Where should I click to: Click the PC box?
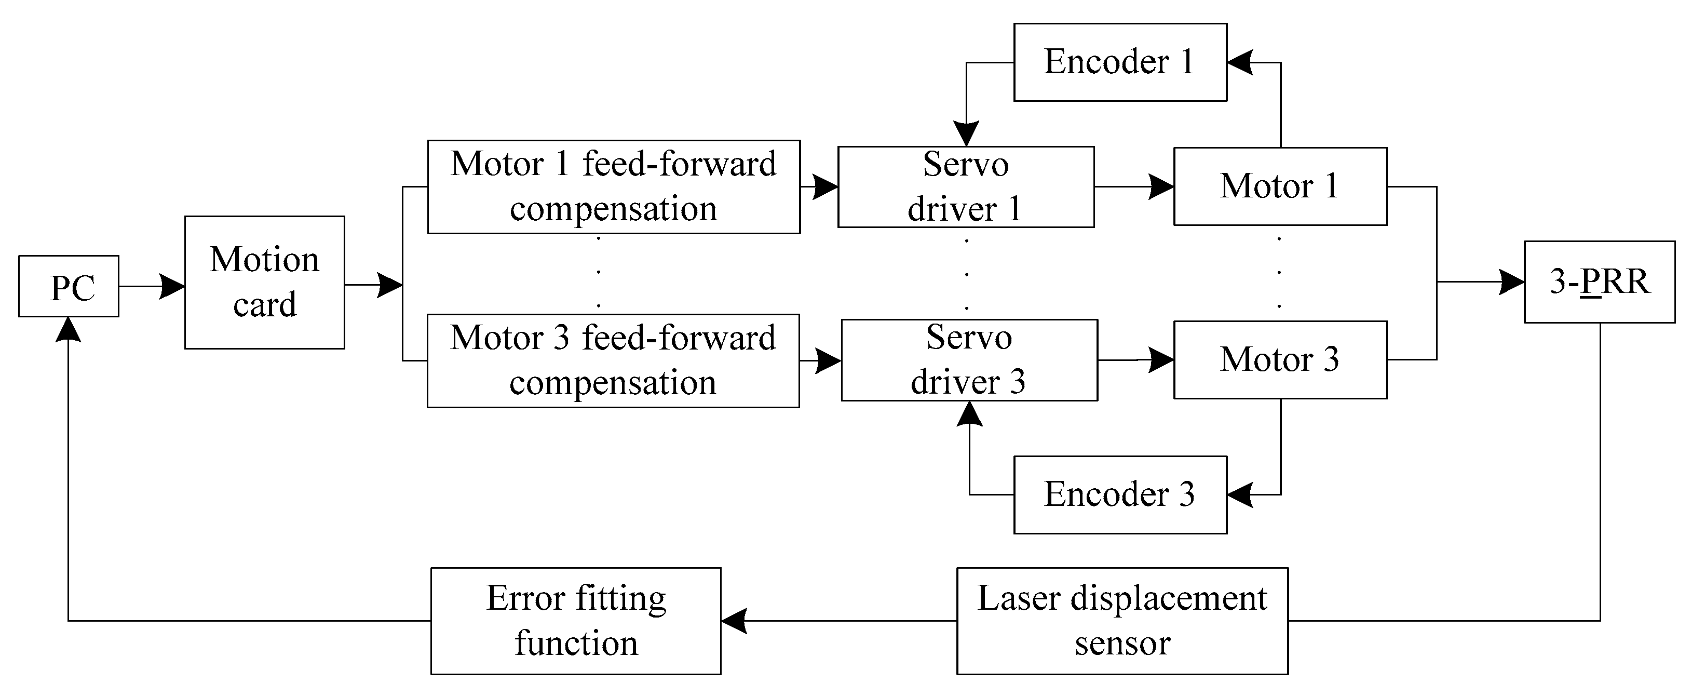click(69, 286)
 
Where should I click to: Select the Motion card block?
click(264, 282)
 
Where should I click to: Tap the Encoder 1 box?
click(1120, 62)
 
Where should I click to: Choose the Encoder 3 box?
click(1120, 494)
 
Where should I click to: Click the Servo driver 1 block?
click(966, 186)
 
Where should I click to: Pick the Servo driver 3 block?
click(969, 360)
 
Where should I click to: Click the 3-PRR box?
click(1599, 282)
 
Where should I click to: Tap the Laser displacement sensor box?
click(1122, 620)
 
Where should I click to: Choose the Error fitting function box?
click(575, 620)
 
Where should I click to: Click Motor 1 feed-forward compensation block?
click(614, 186)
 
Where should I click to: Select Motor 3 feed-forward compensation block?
click(613, 361)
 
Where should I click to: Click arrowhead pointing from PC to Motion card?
click(173, 287)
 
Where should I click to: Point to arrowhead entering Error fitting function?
click(734, 621)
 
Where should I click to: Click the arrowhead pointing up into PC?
click(68, 329)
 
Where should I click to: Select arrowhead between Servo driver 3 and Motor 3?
click(1161, 360)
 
